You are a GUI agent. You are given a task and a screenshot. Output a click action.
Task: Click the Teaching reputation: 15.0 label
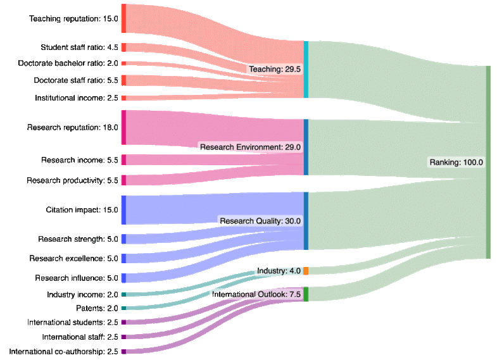coord(74,18)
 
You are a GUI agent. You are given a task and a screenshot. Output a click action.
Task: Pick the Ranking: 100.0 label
coord(456,163)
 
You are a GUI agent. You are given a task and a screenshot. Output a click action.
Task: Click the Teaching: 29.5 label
coord(275,70)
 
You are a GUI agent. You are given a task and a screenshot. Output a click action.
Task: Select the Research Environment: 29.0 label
coord(250,147)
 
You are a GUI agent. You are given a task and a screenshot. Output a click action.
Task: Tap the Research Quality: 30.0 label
coord(260,221)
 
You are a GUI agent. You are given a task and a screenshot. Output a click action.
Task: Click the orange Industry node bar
coord(306,271)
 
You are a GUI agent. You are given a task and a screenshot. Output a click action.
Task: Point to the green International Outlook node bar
coord(306,294)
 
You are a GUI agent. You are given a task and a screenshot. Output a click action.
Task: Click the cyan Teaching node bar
coord(306,70)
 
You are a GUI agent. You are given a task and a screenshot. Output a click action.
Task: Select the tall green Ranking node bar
coord(488,162)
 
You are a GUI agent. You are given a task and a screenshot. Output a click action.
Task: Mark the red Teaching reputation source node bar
coord(123,18)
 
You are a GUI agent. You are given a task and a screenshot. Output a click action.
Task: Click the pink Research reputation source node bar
coord(123,127)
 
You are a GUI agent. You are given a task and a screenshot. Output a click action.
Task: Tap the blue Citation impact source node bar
coord(123,210)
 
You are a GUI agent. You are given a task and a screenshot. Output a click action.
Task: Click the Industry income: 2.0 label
coord(82,294)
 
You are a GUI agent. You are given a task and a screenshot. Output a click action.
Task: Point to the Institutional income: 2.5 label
coord(77,98)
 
